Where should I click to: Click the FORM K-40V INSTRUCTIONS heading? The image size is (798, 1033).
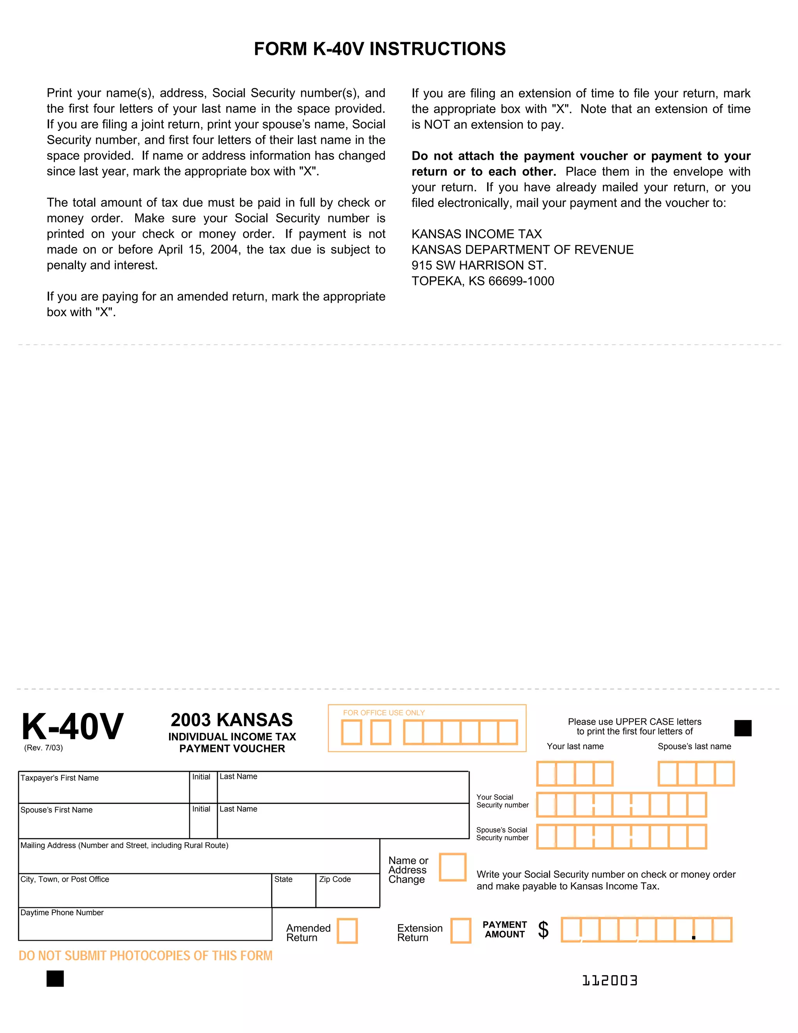pyautogui.click(x=380, y=49)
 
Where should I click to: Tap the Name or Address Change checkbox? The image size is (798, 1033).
pyautogui.click(x=452, y=867)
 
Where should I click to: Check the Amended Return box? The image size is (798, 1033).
pyautogui.click(x=347, y=931)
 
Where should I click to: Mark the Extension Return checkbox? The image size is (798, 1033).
pyautogui.click(x=461, y=931)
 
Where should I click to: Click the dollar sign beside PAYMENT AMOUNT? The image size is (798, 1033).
pyautogui.click(x=543, y=930)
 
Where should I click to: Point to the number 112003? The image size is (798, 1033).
pyautogui.click(x=609, y=980)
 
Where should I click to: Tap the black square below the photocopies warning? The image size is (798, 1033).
pyautogui.click(x=55, y=978)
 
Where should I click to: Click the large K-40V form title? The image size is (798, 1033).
pyautogui.click(x=72, y=727)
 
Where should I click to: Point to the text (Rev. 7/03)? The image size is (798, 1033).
pyautogui.click(x=44, y=748)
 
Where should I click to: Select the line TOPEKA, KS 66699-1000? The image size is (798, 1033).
pyautogui.click(x=483, y=281)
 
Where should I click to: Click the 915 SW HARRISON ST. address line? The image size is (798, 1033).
pyautogui.click(x=478, y=265)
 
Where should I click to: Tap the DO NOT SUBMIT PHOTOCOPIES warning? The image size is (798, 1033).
pyautogui.click(x=146, y=956)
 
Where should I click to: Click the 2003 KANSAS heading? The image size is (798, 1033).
pyautogui.click(x=232, y=720)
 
